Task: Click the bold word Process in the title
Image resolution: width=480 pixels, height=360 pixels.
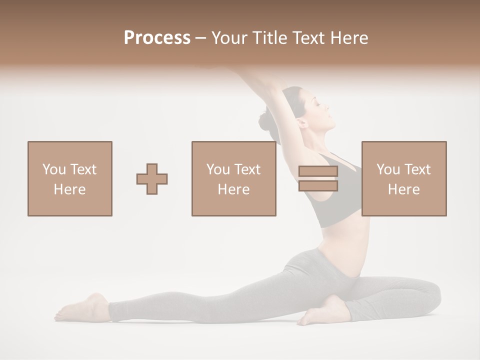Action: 157,38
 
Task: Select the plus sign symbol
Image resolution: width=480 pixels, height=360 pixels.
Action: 152,178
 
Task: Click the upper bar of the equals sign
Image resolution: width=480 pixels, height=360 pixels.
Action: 318,171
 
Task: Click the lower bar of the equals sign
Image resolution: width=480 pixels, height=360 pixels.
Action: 318,186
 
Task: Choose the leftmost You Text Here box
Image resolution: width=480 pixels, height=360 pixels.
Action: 70,178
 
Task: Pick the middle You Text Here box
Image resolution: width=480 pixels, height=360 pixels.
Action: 233,178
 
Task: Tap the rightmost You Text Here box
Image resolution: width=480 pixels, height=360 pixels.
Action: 404,178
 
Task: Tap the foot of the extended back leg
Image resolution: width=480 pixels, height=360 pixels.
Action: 82,307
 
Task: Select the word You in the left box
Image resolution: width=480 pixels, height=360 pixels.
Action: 53,169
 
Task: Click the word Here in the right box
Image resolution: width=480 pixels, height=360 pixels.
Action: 404,189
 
